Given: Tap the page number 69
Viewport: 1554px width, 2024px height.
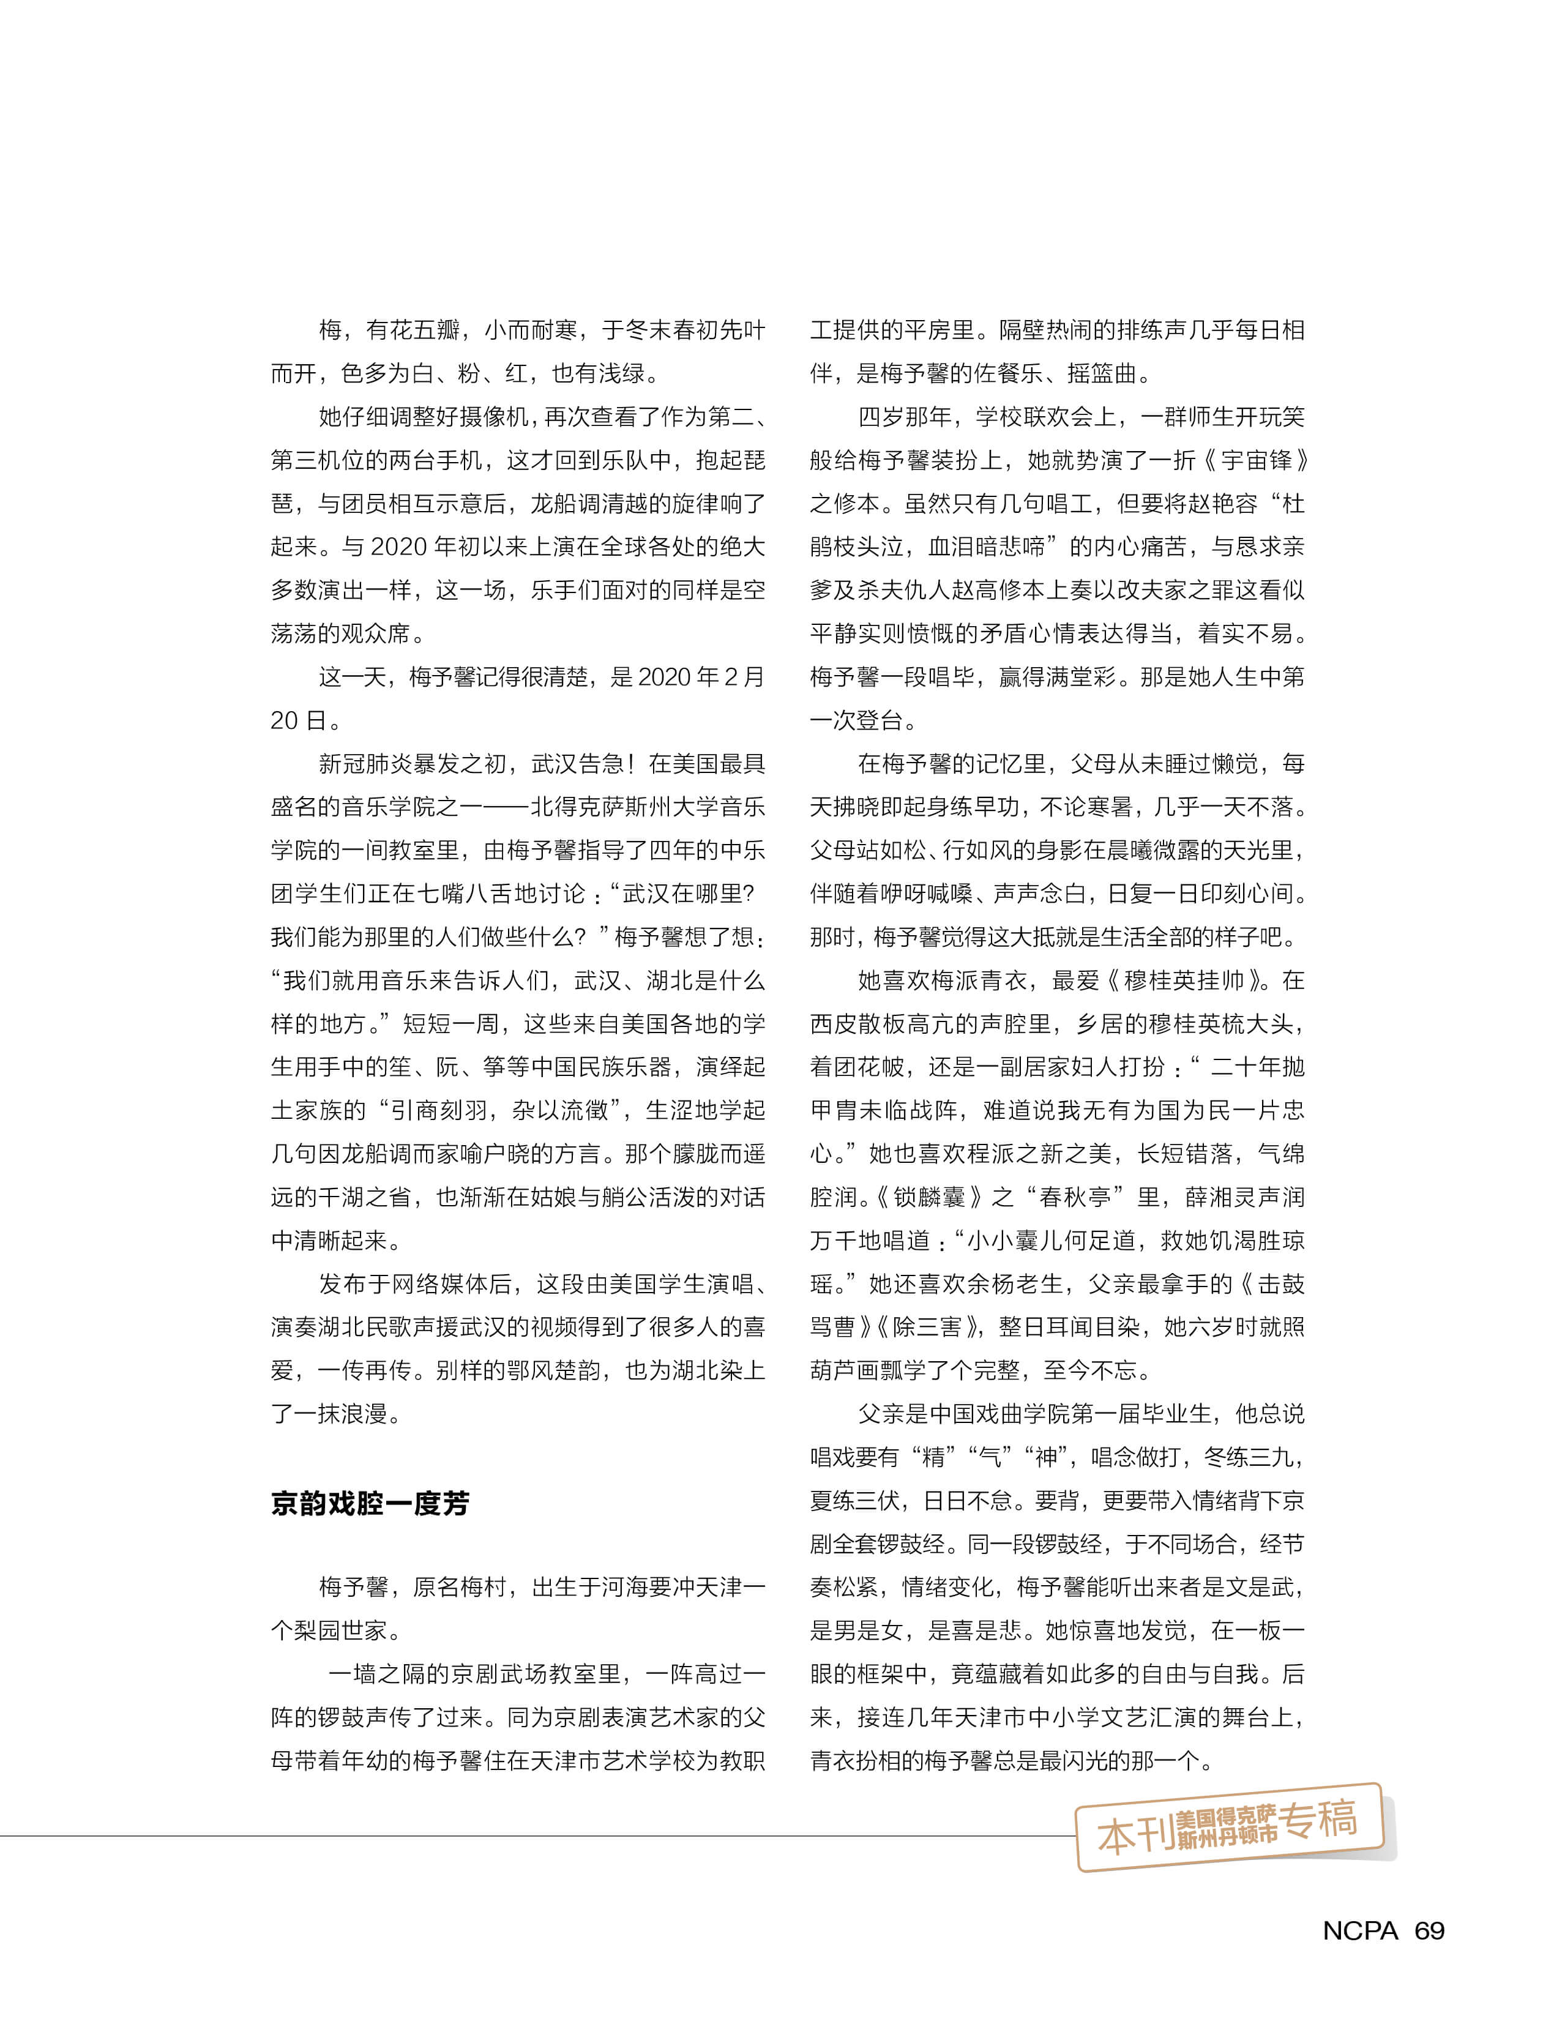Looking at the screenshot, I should (x=1429, y=1930).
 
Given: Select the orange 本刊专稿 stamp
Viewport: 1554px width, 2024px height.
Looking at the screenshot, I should (x=1230, y=1826).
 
